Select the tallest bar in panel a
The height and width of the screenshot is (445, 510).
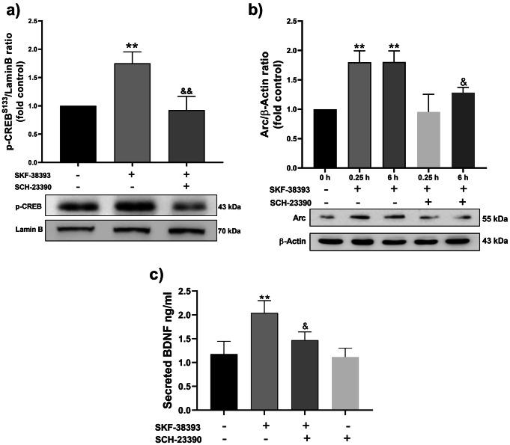coord(132,112)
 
